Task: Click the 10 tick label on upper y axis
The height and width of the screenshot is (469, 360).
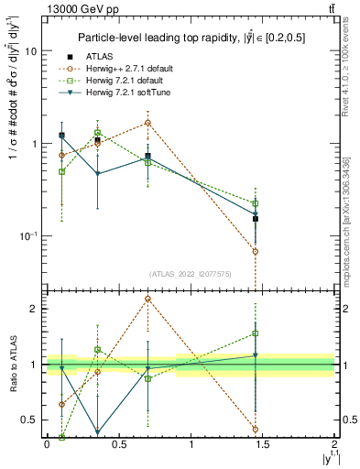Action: coord(30,52)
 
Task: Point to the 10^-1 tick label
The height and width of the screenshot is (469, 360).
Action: coord(27,235)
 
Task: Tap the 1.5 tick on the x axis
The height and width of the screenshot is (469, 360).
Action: coord(263,446)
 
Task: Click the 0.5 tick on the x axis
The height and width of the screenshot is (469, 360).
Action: coord(119,446)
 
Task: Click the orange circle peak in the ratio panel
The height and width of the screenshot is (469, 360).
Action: coord(147,299)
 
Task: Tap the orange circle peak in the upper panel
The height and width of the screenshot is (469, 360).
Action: coord(147,122)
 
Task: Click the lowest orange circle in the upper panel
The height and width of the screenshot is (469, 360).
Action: coord(256,251)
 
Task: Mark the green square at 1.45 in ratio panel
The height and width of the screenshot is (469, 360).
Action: coord(256,333)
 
